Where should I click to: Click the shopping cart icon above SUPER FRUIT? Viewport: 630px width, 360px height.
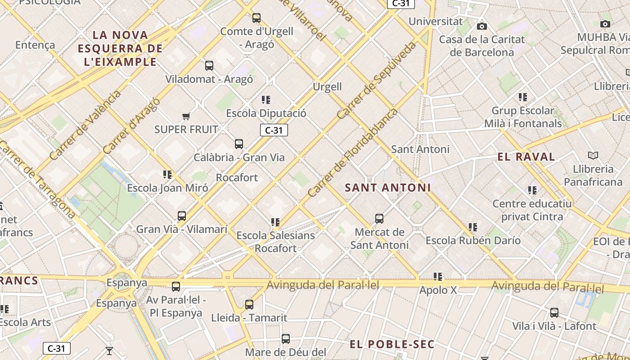(x=186, y=117)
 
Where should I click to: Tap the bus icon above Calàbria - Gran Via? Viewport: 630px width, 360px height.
(x=239, y=144)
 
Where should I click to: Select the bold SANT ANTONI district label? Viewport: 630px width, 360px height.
(x=387, y=188)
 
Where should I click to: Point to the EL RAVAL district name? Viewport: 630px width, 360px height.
(x=526, y=157)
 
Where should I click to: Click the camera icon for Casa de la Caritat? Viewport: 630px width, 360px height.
(x=482, y=26)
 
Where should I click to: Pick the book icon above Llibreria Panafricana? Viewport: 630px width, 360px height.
(x=593, y=156)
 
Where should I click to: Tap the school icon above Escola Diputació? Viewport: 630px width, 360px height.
(x=266, y=100)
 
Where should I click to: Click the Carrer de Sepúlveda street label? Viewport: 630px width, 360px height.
(x=376, y=81)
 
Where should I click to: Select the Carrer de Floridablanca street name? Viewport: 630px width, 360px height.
(x=352, y=153)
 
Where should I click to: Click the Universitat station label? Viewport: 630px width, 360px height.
(x=435, y=21)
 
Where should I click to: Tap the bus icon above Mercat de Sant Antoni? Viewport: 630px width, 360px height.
(x=379, y=219)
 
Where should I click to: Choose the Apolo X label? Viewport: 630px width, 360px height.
(x=438, y=290)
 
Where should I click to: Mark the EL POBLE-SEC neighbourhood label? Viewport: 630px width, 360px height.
(x=392, y=344)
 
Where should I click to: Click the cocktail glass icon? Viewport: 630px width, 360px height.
(x=109, y=351)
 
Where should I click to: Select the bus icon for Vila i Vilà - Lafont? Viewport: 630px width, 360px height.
(x=554, y=313)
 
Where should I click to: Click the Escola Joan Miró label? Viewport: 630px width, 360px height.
(x=167, y=188)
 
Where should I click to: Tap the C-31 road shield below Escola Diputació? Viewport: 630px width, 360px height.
(x=274, y=130)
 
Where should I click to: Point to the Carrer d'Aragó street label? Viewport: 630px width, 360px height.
(x=131, y=126)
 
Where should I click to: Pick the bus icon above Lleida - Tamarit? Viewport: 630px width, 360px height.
(x=249, y=305)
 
